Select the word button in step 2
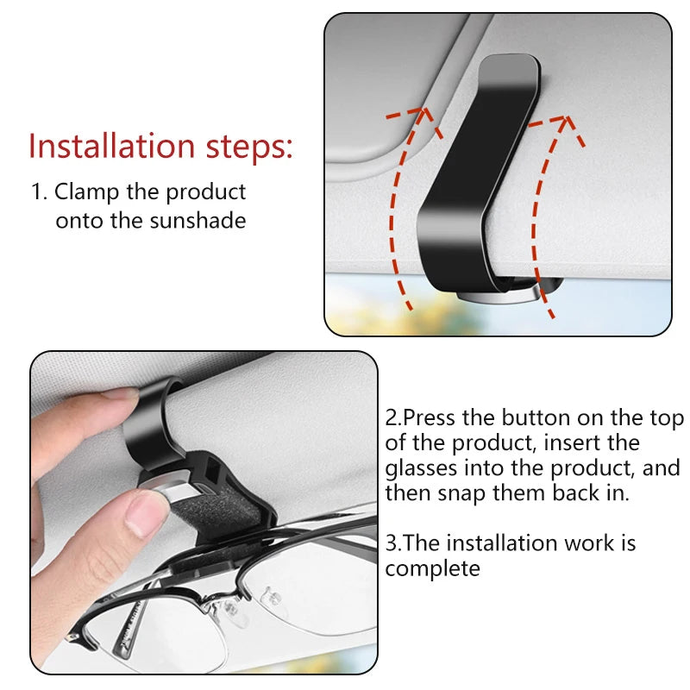(535, 418)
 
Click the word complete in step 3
(432, 568)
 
